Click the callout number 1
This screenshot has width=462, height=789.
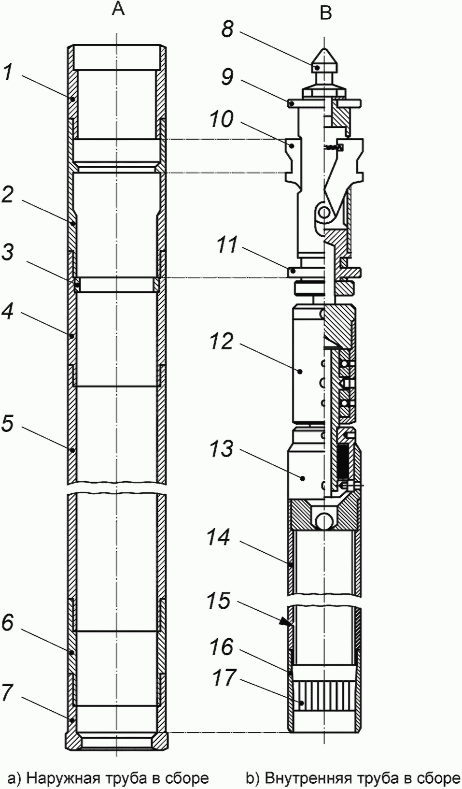[8, 73]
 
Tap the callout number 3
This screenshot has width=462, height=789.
[8, 252]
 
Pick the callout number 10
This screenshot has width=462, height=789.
[221, 119]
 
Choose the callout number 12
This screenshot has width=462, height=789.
[221, 342]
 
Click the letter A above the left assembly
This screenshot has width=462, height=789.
[118, 9]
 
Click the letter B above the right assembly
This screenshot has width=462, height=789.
[326, 13]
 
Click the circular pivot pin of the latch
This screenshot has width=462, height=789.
[324, 211]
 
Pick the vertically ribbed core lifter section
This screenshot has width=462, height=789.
[324, 696]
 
